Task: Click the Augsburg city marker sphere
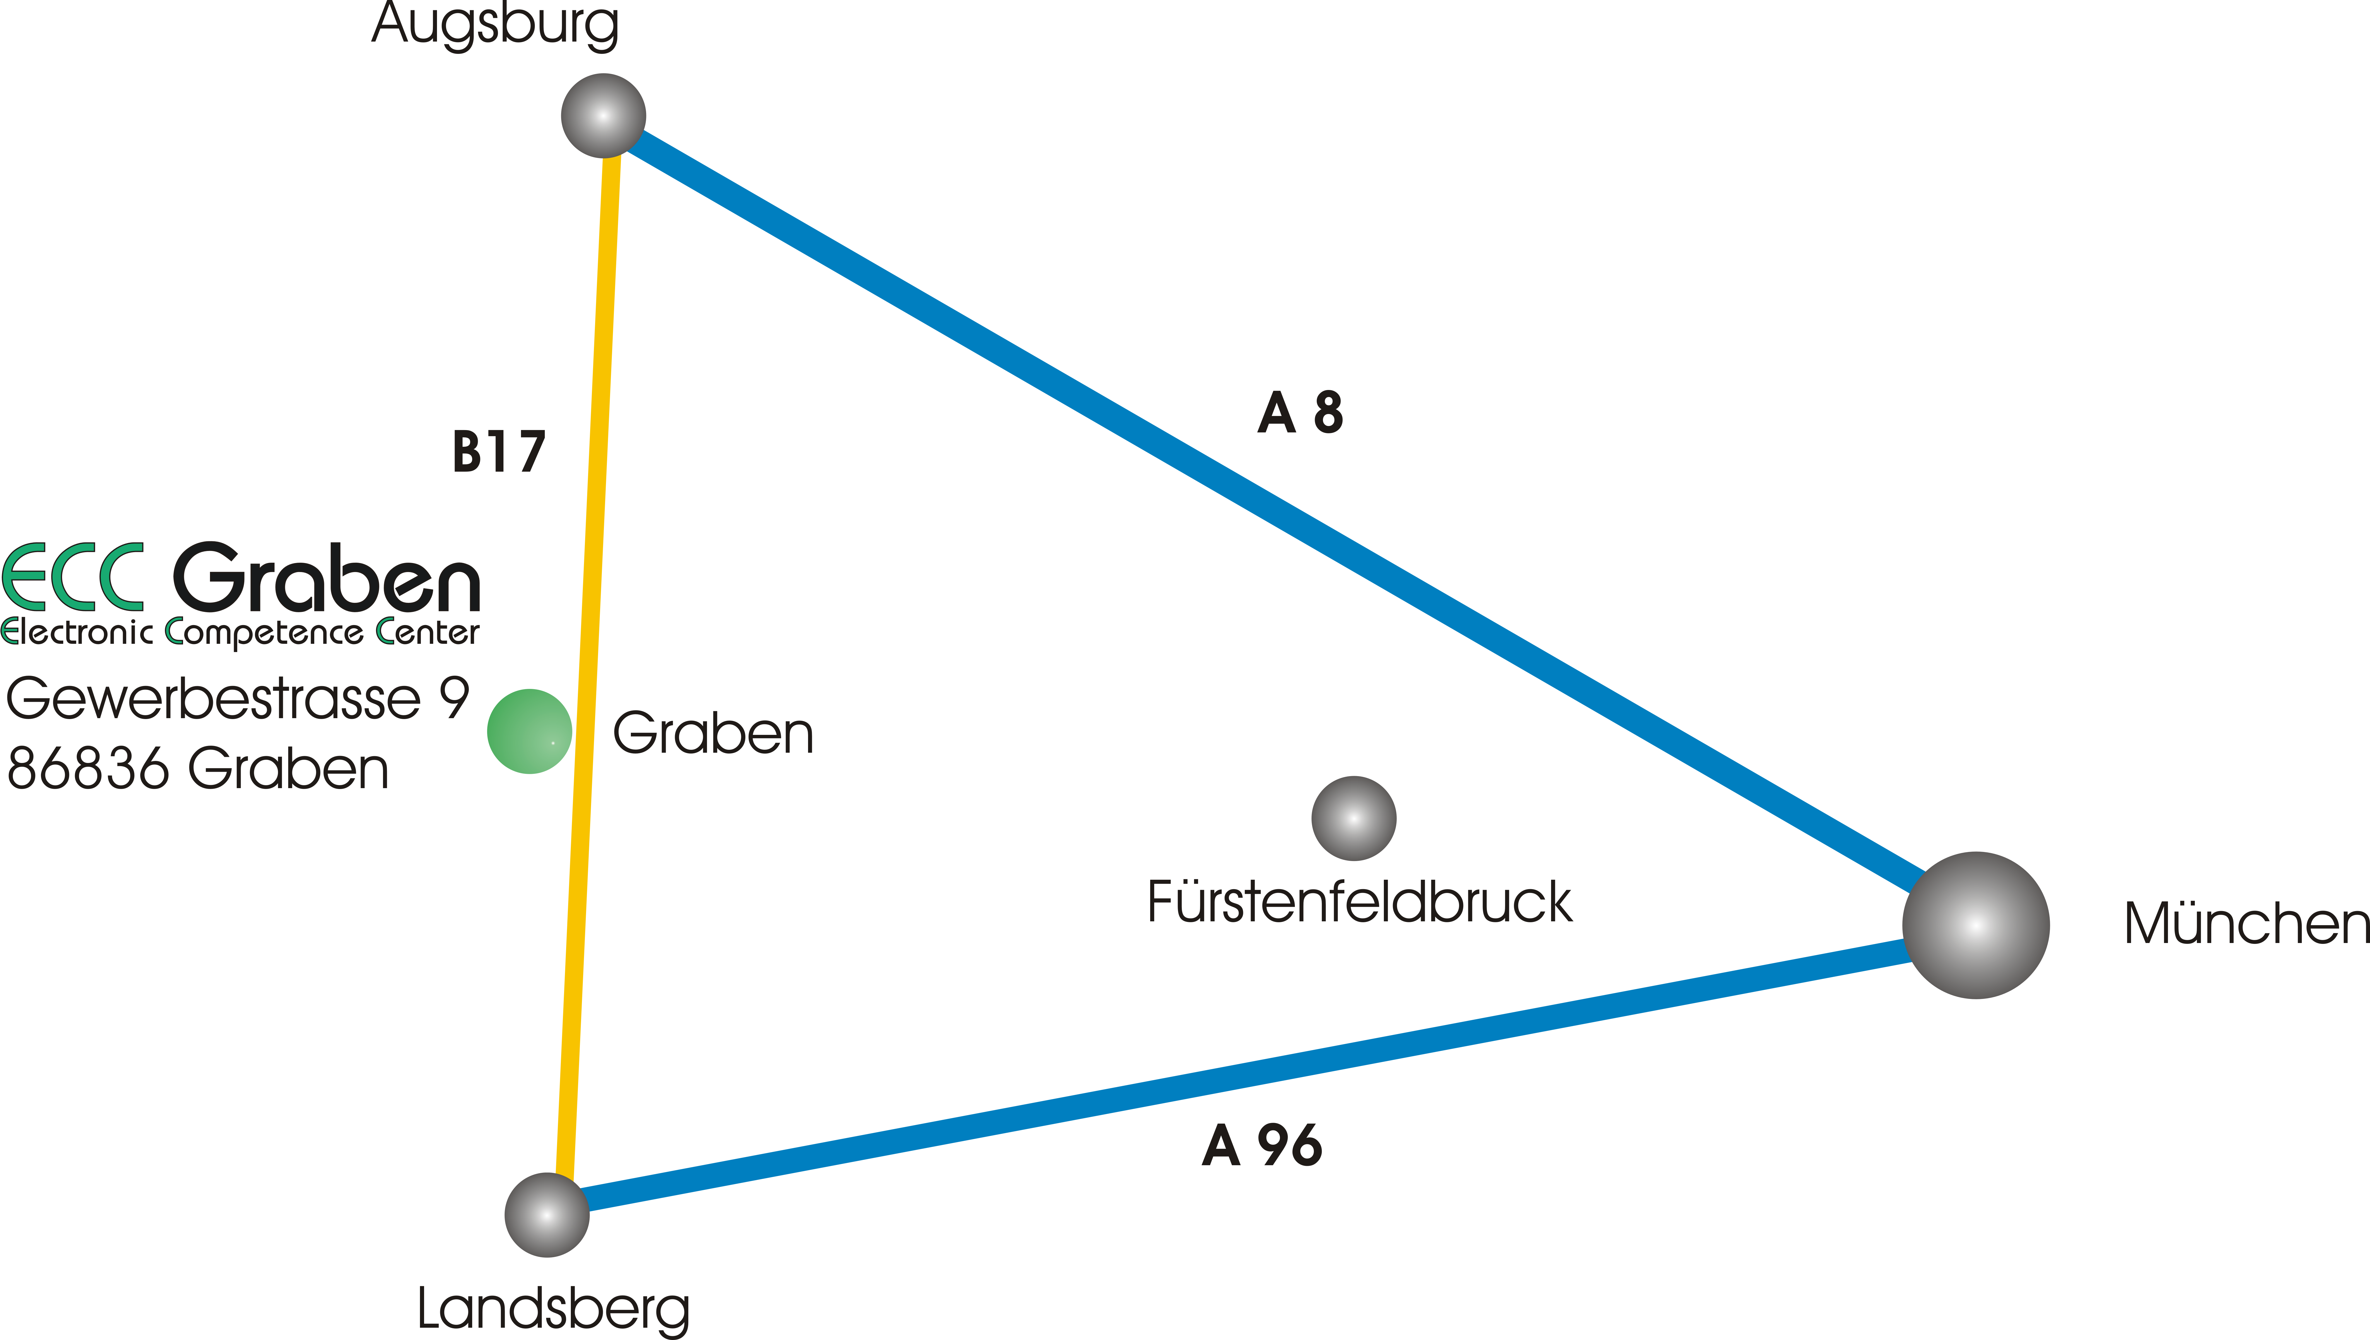tap(603, 116)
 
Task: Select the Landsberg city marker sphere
tap(547, 1215)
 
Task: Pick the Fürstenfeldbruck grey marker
tap(1353, 818)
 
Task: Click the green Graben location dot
tap(529, 732)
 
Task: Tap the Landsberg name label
tap(553, 1309)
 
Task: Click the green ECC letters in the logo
tap(74, 577)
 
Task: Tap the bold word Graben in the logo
tap(327, 577)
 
